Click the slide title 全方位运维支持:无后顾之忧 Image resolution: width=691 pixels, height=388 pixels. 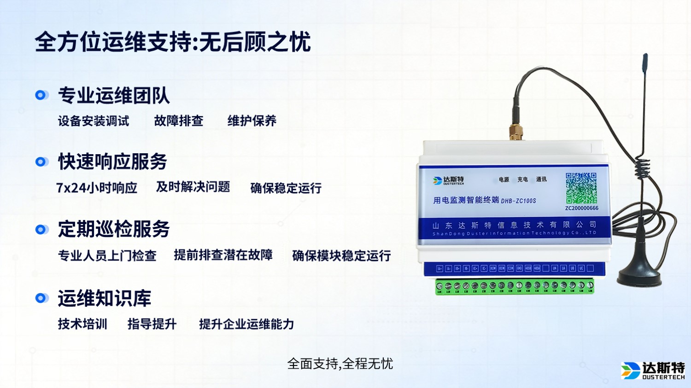(173, 42)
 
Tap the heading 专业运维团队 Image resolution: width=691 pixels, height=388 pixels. (114, 96)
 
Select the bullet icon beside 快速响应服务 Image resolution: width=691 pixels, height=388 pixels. (41, 162)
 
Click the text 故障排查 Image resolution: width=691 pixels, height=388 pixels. (179, 121)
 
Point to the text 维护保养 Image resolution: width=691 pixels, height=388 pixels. (252, 121)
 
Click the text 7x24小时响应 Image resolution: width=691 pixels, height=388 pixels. (97, 188)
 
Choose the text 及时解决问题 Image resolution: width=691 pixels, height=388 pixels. (193, 187)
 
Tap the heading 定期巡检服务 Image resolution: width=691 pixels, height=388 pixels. (114, 229)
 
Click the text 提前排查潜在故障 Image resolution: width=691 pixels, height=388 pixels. (223, 255)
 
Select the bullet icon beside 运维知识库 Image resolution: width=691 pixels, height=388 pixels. (41, 298)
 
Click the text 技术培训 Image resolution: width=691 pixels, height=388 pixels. (82, 324)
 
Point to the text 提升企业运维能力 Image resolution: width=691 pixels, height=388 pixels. (246, 324)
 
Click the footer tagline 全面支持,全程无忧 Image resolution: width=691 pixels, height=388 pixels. (340, 364)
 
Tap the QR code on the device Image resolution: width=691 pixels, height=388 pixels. (581, 188)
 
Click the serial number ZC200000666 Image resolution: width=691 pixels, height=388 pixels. (582, 208)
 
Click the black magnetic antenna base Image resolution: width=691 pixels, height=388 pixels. (639, 276)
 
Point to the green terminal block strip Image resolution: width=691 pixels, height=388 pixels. (515, 286)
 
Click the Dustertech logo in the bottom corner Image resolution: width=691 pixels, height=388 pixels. (653, 371)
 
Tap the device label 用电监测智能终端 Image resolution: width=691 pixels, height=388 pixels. (466, 200)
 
